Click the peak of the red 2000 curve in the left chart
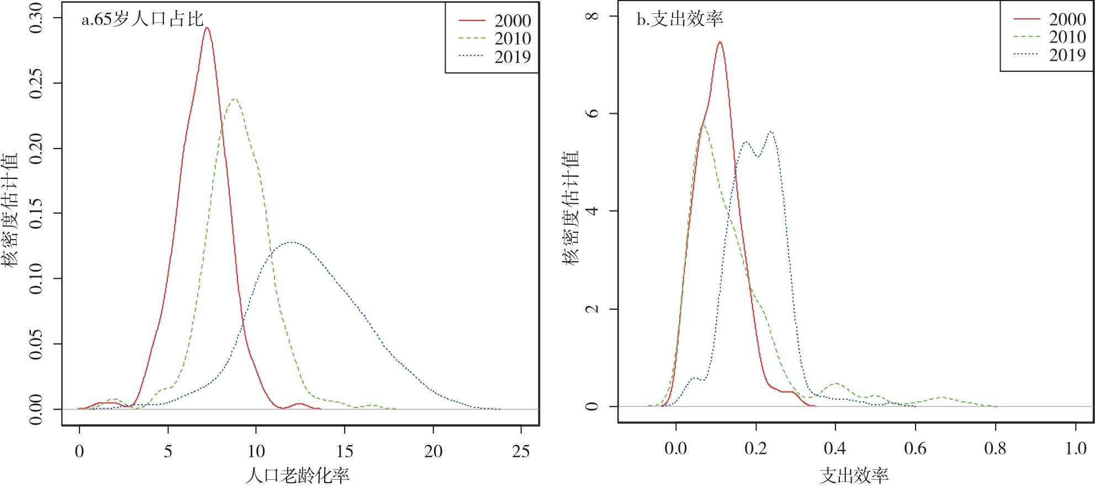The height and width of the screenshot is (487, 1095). click(207, 28)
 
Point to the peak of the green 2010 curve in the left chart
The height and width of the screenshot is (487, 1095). click(235, 99)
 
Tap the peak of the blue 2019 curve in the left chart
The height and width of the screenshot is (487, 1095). click(291, 242)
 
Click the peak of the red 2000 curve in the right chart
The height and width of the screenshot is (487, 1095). click(720, 42)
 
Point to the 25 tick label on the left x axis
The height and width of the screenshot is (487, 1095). click(521, 452)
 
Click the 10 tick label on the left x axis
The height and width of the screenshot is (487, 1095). click(256, 452)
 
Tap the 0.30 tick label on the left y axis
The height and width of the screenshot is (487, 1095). click(35, 18)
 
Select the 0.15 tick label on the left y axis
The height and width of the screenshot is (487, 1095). click(35, 213)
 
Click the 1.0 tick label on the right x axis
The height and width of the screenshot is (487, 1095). click(1075, 448)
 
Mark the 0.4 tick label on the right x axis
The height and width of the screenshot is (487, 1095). click(835, 448)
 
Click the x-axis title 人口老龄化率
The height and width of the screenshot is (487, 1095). click(297, 475)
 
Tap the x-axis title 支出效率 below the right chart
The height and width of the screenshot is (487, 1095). click(854, 475)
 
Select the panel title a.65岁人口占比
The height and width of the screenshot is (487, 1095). click(142, 19)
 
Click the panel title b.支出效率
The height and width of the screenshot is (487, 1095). click(680, 19)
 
